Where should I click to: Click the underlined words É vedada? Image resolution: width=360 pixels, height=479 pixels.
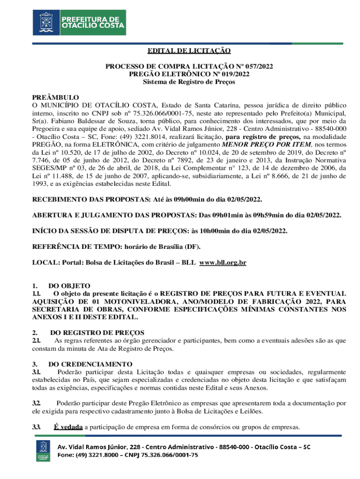pos(69,427)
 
